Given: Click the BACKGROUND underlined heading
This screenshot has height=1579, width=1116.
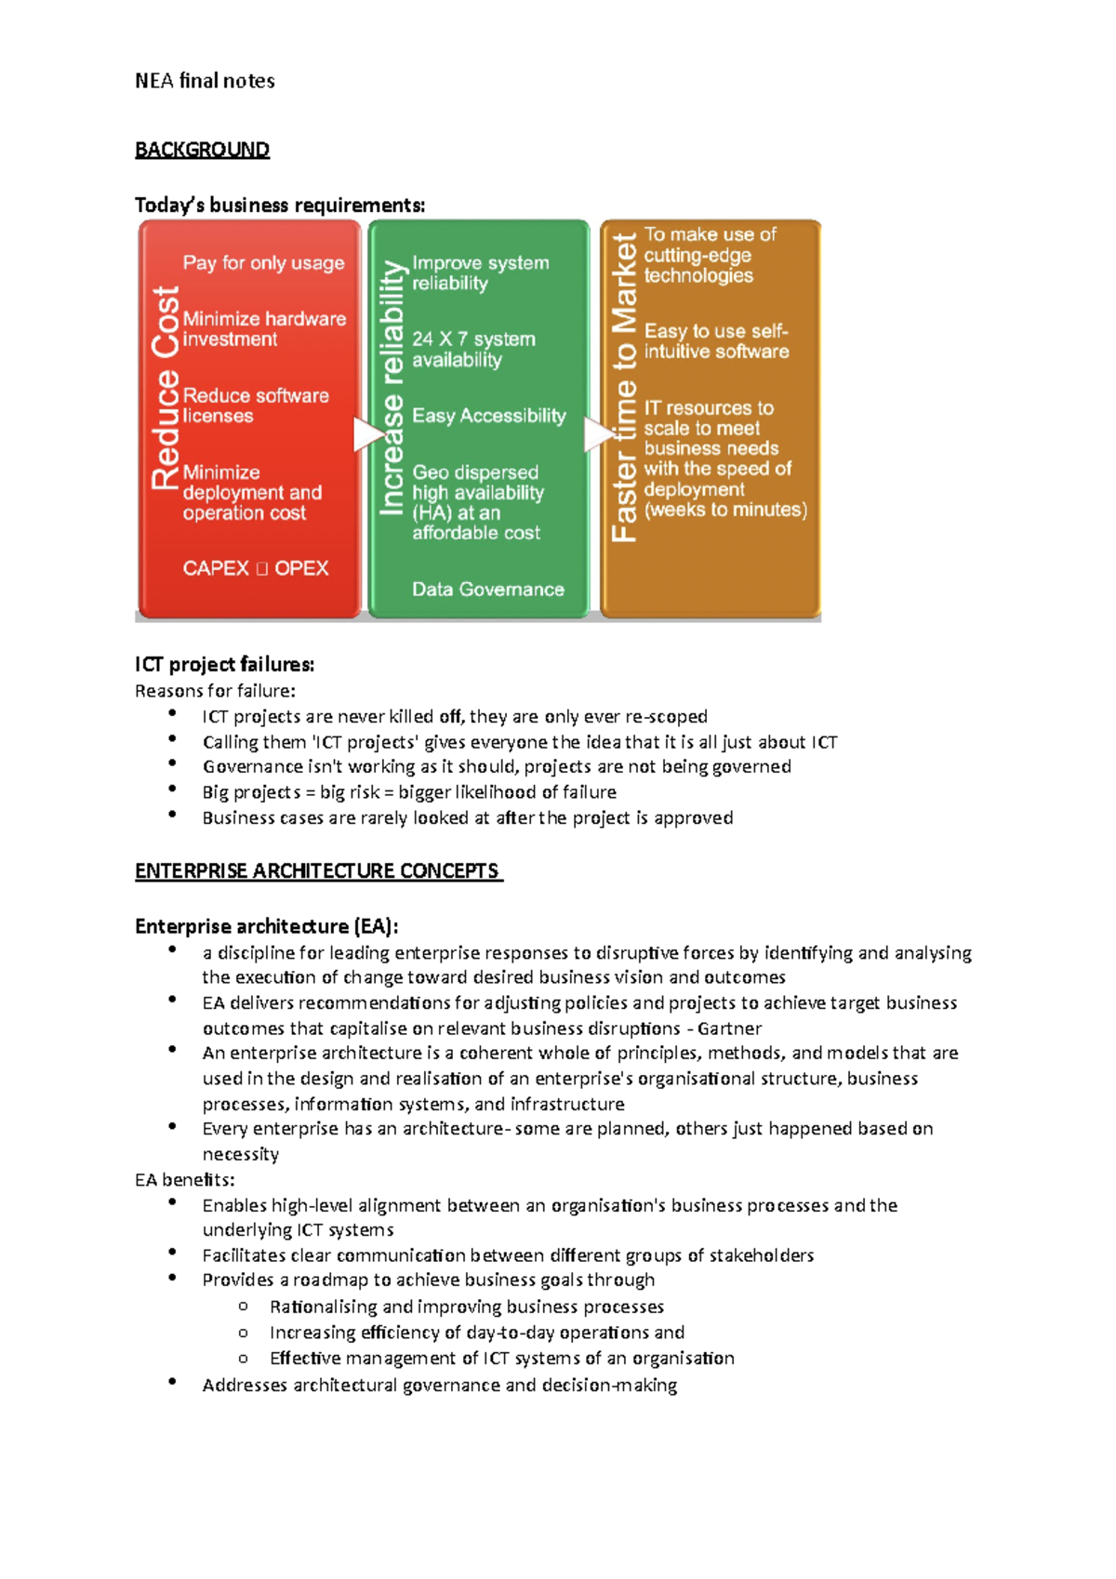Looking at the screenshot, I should click(x=202, y=150).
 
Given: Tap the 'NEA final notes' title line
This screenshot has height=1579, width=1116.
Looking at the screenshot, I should click(x=205, y=81).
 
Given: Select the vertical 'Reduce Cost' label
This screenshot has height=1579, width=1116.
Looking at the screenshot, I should click(x=166, y=388).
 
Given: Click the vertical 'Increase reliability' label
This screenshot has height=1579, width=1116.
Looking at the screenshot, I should click(x=392, y=388).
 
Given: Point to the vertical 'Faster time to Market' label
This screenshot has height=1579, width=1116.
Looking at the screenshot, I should click(x=624, y=388).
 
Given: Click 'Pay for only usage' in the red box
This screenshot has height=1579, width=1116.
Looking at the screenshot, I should click(x=263, y=263).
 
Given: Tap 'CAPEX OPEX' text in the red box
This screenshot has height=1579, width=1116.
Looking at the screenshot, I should click(x=256, y=568).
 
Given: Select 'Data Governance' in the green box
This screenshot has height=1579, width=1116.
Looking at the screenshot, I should click(x=488, y=590).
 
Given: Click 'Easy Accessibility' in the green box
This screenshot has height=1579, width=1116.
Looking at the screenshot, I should click(x=489, y=416).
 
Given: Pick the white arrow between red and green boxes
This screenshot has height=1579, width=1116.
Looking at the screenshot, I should click(x=367, y=434).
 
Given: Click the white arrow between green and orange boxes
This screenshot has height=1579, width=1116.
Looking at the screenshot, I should click(x=597, y=434).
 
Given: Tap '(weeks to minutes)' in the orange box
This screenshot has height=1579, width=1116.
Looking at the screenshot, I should click(x=725, y=510).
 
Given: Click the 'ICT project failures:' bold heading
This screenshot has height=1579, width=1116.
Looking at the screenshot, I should click(x=224, y=664).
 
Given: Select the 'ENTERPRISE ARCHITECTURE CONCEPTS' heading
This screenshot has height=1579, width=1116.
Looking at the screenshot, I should click(x=317, y=871).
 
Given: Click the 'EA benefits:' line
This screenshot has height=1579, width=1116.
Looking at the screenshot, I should click(x=184, y=1180).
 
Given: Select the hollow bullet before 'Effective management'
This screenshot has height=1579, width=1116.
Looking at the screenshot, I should click(x=244, y=1358).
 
